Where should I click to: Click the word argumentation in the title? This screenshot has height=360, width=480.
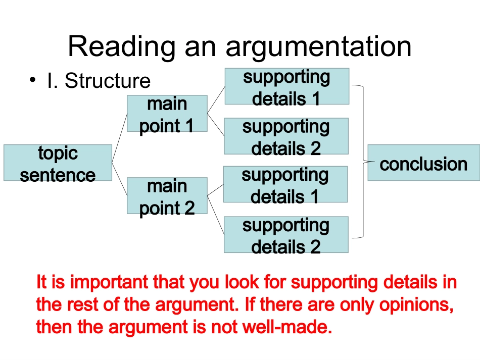pos(318,46)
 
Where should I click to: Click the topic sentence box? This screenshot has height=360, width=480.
pos(58,163)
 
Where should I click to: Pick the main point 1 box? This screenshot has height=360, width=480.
pos(167,114)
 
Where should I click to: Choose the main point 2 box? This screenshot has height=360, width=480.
pos(167,196)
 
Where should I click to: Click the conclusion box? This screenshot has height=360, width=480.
pos(423,163)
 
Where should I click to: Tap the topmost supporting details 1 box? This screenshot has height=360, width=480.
pos(286,86)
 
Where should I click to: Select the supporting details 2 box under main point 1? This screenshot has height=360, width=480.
pos(286,136)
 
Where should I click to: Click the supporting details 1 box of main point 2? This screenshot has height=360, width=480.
pos(285,184)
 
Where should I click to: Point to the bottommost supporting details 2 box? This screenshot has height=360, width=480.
pos(286,235)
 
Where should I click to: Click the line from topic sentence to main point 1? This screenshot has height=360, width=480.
pos(119,137)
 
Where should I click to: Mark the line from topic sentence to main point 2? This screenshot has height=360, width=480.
pos(119,179)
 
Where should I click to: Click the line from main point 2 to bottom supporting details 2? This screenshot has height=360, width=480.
pos(216,215)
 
